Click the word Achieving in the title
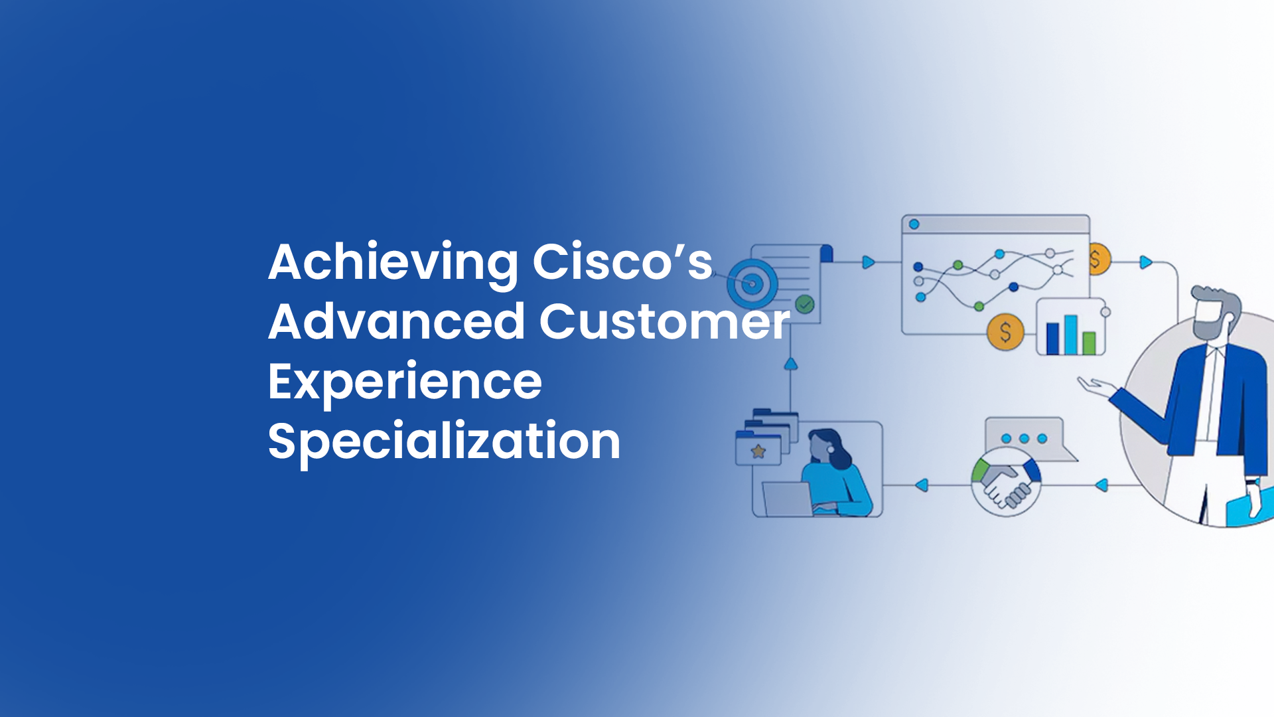click(392, 263)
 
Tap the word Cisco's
click(622, 262)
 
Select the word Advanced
click(396, 322)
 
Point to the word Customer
click(664, 322)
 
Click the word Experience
click(405, 382)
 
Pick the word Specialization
click(444, 441)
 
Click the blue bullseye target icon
click(752, 283)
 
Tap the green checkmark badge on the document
click(805, 305)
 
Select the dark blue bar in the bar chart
click(1052, 338)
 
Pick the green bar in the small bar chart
click(1089, 343)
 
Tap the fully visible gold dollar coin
click(1005, 331)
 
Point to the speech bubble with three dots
click(1025, 438)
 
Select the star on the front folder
click(758, 452)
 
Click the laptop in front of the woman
click(788, 499)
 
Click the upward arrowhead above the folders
click(790, 364)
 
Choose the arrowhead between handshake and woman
click(921, 485)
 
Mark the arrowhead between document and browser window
click(868, 262)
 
